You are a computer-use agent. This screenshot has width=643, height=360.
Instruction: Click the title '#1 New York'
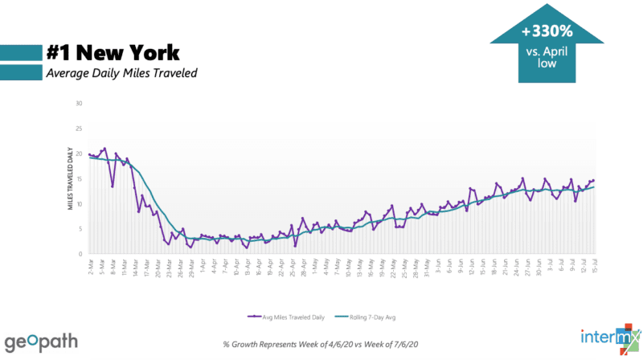pos(113,52)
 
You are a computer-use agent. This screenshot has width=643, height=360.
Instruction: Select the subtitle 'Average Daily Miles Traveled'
pos(120,73)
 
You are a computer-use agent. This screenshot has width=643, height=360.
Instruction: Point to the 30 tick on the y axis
pos(80,104)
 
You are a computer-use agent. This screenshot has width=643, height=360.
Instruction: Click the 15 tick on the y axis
pos(80,178)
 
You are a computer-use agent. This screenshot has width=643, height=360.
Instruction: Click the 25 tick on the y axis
pos(80,129)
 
